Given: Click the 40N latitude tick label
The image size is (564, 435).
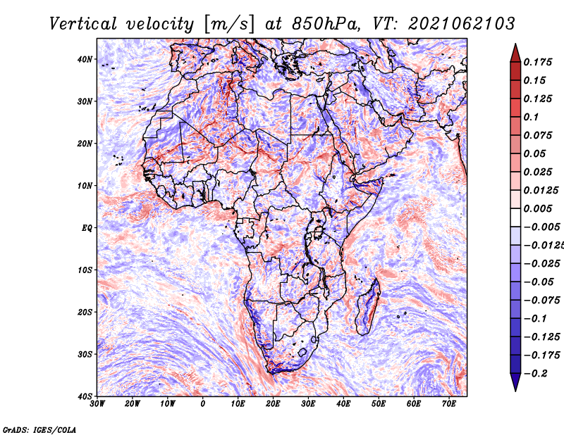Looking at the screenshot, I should pyautogui.click(x=85, y=59).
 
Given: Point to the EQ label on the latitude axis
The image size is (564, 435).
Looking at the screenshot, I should pyautogui.click(x=87, y=228).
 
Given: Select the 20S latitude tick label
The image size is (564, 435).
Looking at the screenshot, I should pyautogui.click(x=85, y=312).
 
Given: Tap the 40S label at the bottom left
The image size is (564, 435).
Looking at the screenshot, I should pyautogui.click(x=85, y=396).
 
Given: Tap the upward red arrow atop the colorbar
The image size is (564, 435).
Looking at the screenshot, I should pyautogui.click(x=515, y=51).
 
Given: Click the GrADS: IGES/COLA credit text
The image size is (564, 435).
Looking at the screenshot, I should pyautogui.click(x=39, y=429).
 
